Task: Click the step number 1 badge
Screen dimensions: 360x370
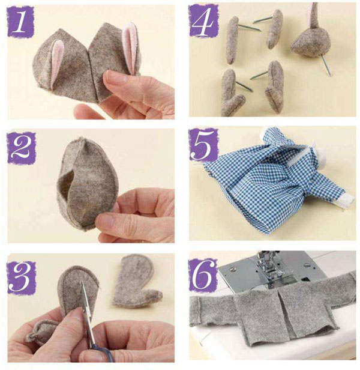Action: click(x=21, y=22)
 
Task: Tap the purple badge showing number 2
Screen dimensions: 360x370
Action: click(x=22, y=148)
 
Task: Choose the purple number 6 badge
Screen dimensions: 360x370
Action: click(x=203, y=275)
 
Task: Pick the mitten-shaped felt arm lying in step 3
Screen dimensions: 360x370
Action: click(x=136, y=281)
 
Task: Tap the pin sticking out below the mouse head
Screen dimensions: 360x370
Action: click(x=326, y=66)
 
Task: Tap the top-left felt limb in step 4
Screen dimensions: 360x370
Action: click(x=232, y=40)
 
